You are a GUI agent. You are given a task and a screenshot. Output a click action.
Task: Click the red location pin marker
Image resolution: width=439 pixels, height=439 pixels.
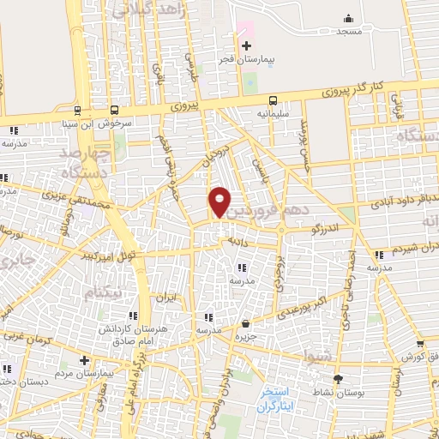(x=219, y=201)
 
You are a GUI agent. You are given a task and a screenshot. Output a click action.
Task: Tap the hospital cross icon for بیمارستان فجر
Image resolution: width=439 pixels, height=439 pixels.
(x=246, y=45)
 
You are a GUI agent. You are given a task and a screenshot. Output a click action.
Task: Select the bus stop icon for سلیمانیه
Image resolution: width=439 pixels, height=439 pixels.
(x=273, y=99)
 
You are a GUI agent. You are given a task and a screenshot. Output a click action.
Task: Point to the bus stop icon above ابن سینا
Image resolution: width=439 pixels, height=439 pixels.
(x=77, y=110)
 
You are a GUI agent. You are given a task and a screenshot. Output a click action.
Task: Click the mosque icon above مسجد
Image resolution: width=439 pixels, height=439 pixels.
(x=348, y=19)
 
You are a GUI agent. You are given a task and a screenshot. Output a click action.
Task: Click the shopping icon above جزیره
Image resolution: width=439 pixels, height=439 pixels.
(x=246, y=323)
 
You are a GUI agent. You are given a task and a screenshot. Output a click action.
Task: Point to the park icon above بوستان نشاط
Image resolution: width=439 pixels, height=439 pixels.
(x=337, y=378)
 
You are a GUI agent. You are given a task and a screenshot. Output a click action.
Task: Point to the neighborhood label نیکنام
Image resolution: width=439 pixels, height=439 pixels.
(x=104, y=293)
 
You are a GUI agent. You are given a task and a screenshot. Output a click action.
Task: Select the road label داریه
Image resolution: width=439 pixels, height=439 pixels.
(x=238, y=242)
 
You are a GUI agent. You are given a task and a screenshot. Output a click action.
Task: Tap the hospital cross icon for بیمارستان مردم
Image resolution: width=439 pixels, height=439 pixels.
(x=83, y=361)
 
